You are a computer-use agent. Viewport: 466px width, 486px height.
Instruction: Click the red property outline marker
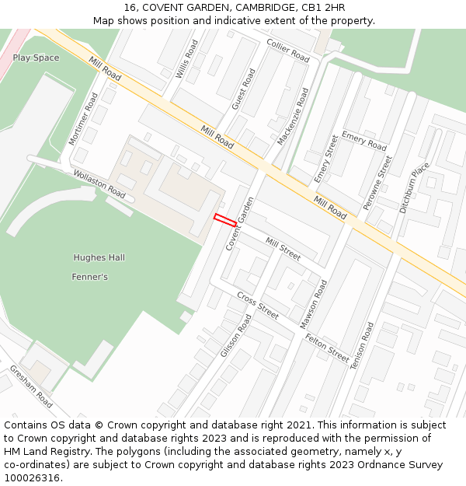(225, 220)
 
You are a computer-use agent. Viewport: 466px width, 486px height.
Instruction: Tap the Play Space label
(36, 58)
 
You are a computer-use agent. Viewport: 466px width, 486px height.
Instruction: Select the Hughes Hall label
(99, 257)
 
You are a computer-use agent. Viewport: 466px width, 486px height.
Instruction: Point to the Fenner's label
(89, 277)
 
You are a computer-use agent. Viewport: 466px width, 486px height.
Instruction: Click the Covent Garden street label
(240, 223)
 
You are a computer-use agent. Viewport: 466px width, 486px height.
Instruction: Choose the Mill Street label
(283, 249)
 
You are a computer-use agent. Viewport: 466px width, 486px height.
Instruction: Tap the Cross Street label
(258, 306)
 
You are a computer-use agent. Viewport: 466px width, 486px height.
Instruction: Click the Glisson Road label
(236, 336)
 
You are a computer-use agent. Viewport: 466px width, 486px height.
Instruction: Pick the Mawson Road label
(315, 304)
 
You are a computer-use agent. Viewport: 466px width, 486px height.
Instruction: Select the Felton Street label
(328, 348)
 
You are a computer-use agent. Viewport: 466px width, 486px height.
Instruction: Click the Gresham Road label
(31, 386)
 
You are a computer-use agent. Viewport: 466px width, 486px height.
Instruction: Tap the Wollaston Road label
(99, 184)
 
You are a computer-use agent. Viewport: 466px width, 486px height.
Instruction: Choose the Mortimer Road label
(84, 119)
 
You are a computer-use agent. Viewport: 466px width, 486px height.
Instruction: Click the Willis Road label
(187, 60)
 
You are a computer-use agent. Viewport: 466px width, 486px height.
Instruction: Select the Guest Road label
(243, 89)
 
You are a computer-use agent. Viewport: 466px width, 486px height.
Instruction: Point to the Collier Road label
(287, 51)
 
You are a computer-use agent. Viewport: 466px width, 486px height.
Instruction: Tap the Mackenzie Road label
(293, 117)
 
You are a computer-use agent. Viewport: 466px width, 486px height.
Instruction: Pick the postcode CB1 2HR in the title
(323, 8)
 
